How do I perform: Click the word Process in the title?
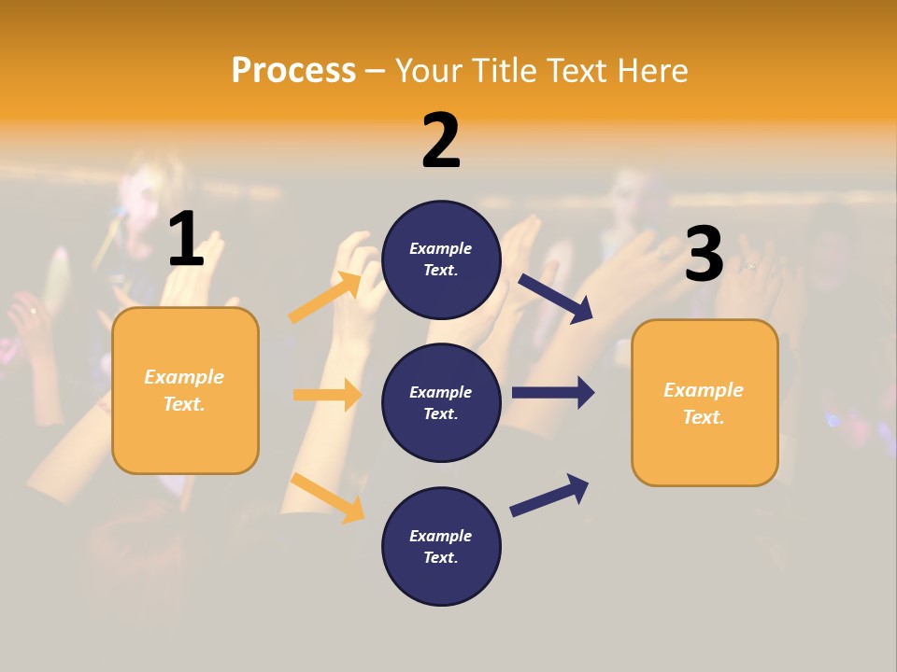click(293, 70)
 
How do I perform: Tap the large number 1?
click(186, 240)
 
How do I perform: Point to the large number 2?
click(441, 141)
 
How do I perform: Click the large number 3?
click(704, 255)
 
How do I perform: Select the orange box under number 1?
click(185, 390)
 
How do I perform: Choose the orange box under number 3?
click(705, 402)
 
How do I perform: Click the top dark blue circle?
click(441, 259)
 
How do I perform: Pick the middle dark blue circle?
click(441, 402)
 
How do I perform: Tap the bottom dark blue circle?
click(441, 546)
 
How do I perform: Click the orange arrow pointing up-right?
click(325, 298)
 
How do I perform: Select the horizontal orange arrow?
click(328, 395)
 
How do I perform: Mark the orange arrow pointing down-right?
click(328, 498)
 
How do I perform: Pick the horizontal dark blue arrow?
click(553, 393)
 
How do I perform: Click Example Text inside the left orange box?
click(185, 390)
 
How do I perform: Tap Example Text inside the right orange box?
click(705, 402)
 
